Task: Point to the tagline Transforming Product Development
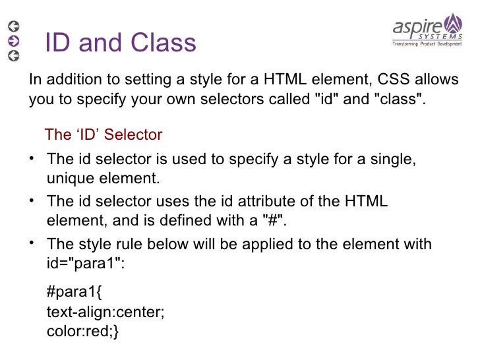coord(427,44)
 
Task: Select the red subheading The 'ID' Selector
coord(103,135)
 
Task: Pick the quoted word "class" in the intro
coord(398,100)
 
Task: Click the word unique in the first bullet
coord(69,178)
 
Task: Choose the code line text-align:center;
coord(105,313)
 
